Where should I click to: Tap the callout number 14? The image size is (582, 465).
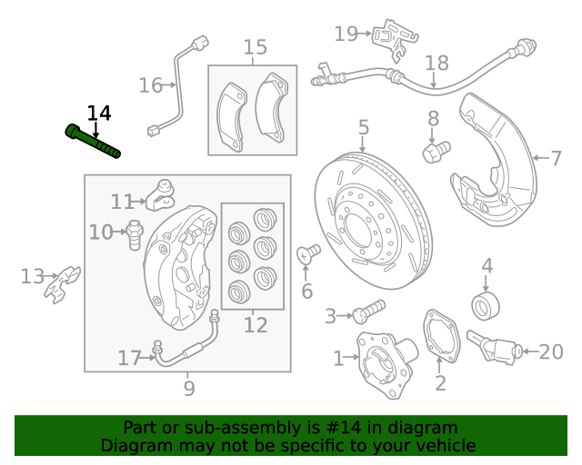click(x=99, y=114)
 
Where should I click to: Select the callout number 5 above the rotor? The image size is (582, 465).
click(x=363, y=127)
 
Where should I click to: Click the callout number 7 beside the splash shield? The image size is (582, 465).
click(x=556, y=158)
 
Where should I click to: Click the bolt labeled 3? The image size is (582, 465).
click(x=367, y=312)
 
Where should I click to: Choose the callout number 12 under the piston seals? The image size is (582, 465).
click(x=256, y=324)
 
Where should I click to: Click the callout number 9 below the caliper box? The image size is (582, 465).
click(x=189, y=389)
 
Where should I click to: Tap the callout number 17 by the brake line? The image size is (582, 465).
click(x=130, y=359)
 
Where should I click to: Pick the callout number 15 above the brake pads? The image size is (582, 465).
click(x=256, y=47)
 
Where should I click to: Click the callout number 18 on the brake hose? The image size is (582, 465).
click(x=437, y=63)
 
